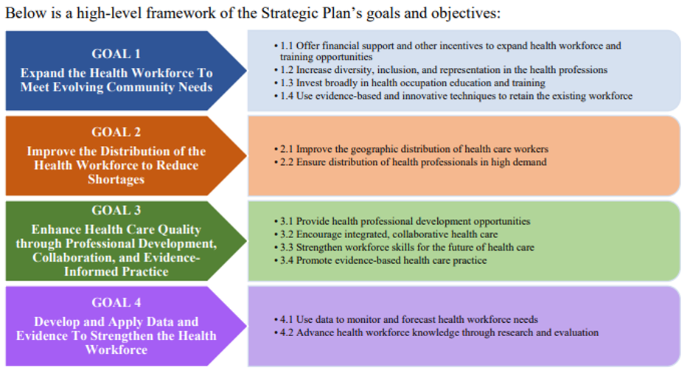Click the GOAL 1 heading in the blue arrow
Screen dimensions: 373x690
click(116, 54)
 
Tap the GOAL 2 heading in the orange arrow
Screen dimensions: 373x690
click(116, 132)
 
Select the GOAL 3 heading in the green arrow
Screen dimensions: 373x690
click(116, 210)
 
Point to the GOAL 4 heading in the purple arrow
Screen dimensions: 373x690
click(116, 302)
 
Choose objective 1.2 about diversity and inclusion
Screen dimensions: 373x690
click(442, 70)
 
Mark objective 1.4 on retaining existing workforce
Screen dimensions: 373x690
click(455, 96)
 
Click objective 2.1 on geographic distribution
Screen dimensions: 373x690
click(413, 149)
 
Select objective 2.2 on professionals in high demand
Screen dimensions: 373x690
click(412, 161)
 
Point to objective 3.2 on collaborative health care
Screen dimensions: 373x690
click(388, 234)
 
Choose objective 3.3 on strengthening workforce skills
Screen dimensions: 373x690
click(405, 247)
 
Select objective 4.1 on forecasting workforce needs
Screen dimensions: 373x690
click(407, 320)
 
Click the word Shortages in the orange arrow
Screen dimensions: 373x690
click(116, 179)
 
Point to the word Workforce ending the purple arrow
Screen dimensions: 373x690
click(116, 349)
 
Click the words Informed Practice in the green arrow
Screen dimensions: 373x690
click(116, 271)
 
